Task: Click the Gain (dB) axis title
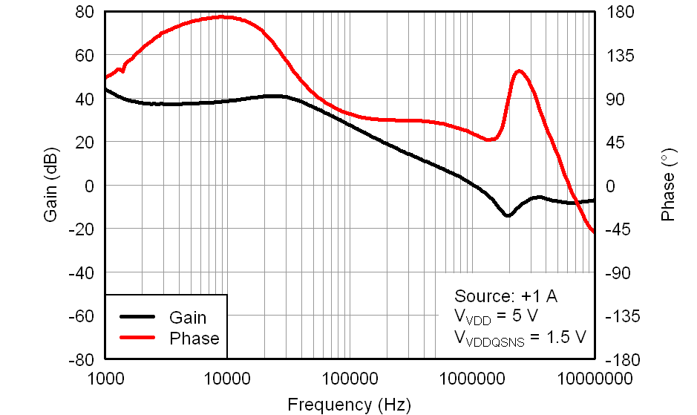[x=51, y=186]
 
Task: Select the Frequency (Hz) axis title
[x=348, y=405]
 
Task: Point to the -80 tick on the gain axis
[x=81, y=360]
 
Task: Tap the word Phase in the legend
[x=194, y=339]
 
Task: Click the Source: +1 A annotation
[x=505, y=295]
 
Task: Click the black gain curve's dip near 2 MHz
[x=508, y=215]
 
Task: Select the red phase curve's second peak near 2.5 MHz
[x=519, y=71]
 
